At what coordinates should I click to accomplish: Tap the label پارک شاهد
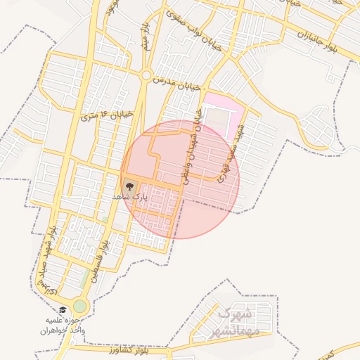[131, 198]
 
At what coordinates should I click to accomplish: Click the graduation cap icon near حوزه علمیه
[62, 310]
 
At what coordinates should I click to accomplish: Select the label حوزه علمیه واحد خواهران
[62, 325]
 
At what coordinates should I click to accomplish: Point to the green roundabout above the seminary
[79, 306]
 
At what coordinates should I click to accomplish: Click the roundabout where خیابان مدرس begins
[146, 75]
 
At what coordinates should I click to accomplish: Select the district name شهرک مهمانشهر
[235, 322]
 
